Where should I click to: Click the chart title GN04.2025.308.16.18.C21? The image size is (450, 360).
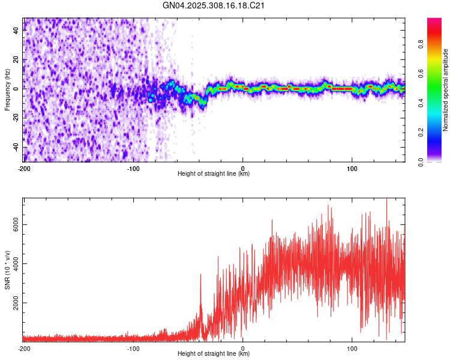pyautogui.click(x=214, y=5)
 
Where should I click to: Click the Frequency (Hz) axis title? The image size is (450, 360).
pyautogui.click(x=7, y=90)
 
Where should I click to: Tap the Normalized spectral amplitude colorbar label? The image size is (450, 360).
pyautogui.click(x=446, y=90)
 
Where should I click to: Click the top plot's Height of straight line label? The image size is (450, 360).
pyautogui.click(x=214, y=173)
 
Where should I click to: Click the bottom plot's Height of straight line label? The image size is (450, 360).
pyautogui.click(x=214, y=353)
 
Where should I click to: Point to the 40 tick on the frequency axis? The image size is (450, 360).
pyautogui.click(x=16, y=31)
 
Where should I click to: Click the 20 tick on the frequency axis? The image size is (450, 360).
pyautogui.click(x=16, y=60)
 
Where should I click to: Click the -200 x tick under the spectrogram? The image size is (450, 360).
pyautogui.click(x=24, y=168)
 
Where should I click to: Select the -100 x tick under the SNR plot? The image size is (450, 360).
pyautogui.click(x=133, y=348)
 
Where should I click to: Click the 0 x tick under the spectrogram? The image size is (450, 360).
pyautogui.click(x=242, y=168)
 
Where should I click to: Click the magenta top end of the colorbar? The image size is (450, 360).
pyautogui.click(x=434, y=20)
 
